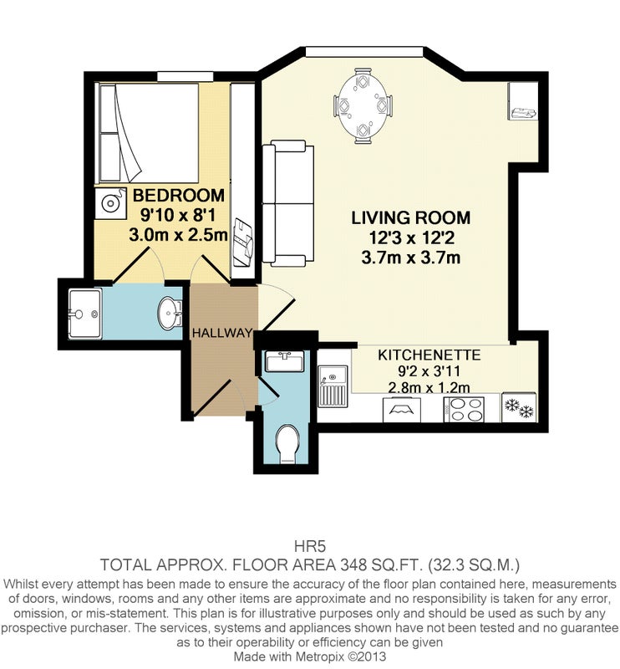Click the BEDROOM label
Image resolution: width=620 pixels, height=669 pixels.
click(179, 196)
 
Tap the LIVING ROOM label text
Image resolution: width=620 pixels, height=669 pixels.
click(410, 217)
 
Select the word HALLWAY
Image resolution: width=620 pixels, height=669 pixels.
click(222, 333)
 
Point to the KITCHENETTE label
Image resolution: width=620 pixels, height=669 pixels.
click(429, 355)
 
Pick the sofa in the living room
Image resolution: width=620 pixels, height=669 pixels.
click(287, 203)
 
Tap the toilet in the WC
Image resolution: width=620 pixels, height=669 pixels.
click(287, 444)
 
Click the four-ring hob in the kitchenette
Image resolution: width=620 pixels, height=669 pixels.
click(464, 410)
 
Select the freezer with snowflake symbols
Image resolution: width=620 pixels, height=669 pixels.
click(519, 407)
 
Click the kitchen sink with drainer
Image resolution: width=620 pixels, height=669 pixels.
click(333, 386)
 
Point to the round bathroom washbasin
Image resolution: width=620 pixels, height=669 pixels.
click(170, 313)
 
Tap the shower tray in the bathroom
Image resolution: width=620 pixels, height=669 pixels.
click(85, 314)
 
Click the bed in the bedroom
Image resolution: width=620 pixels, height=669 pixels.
click(149, 134)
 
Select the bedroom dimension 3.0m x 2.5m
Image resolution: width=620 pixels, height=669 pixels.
click(179, 235)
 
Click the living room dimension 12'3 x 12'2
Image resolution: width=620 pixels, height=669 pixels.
click(410, 237)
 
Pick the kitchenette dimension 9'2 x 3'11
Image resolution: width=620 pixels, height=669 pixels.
click(429, 371)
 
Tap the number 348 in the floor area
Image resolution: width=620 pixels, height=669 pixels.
click(353, 565)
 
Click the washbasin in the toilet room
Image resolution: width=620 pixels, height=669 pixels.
click(284, 361)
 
